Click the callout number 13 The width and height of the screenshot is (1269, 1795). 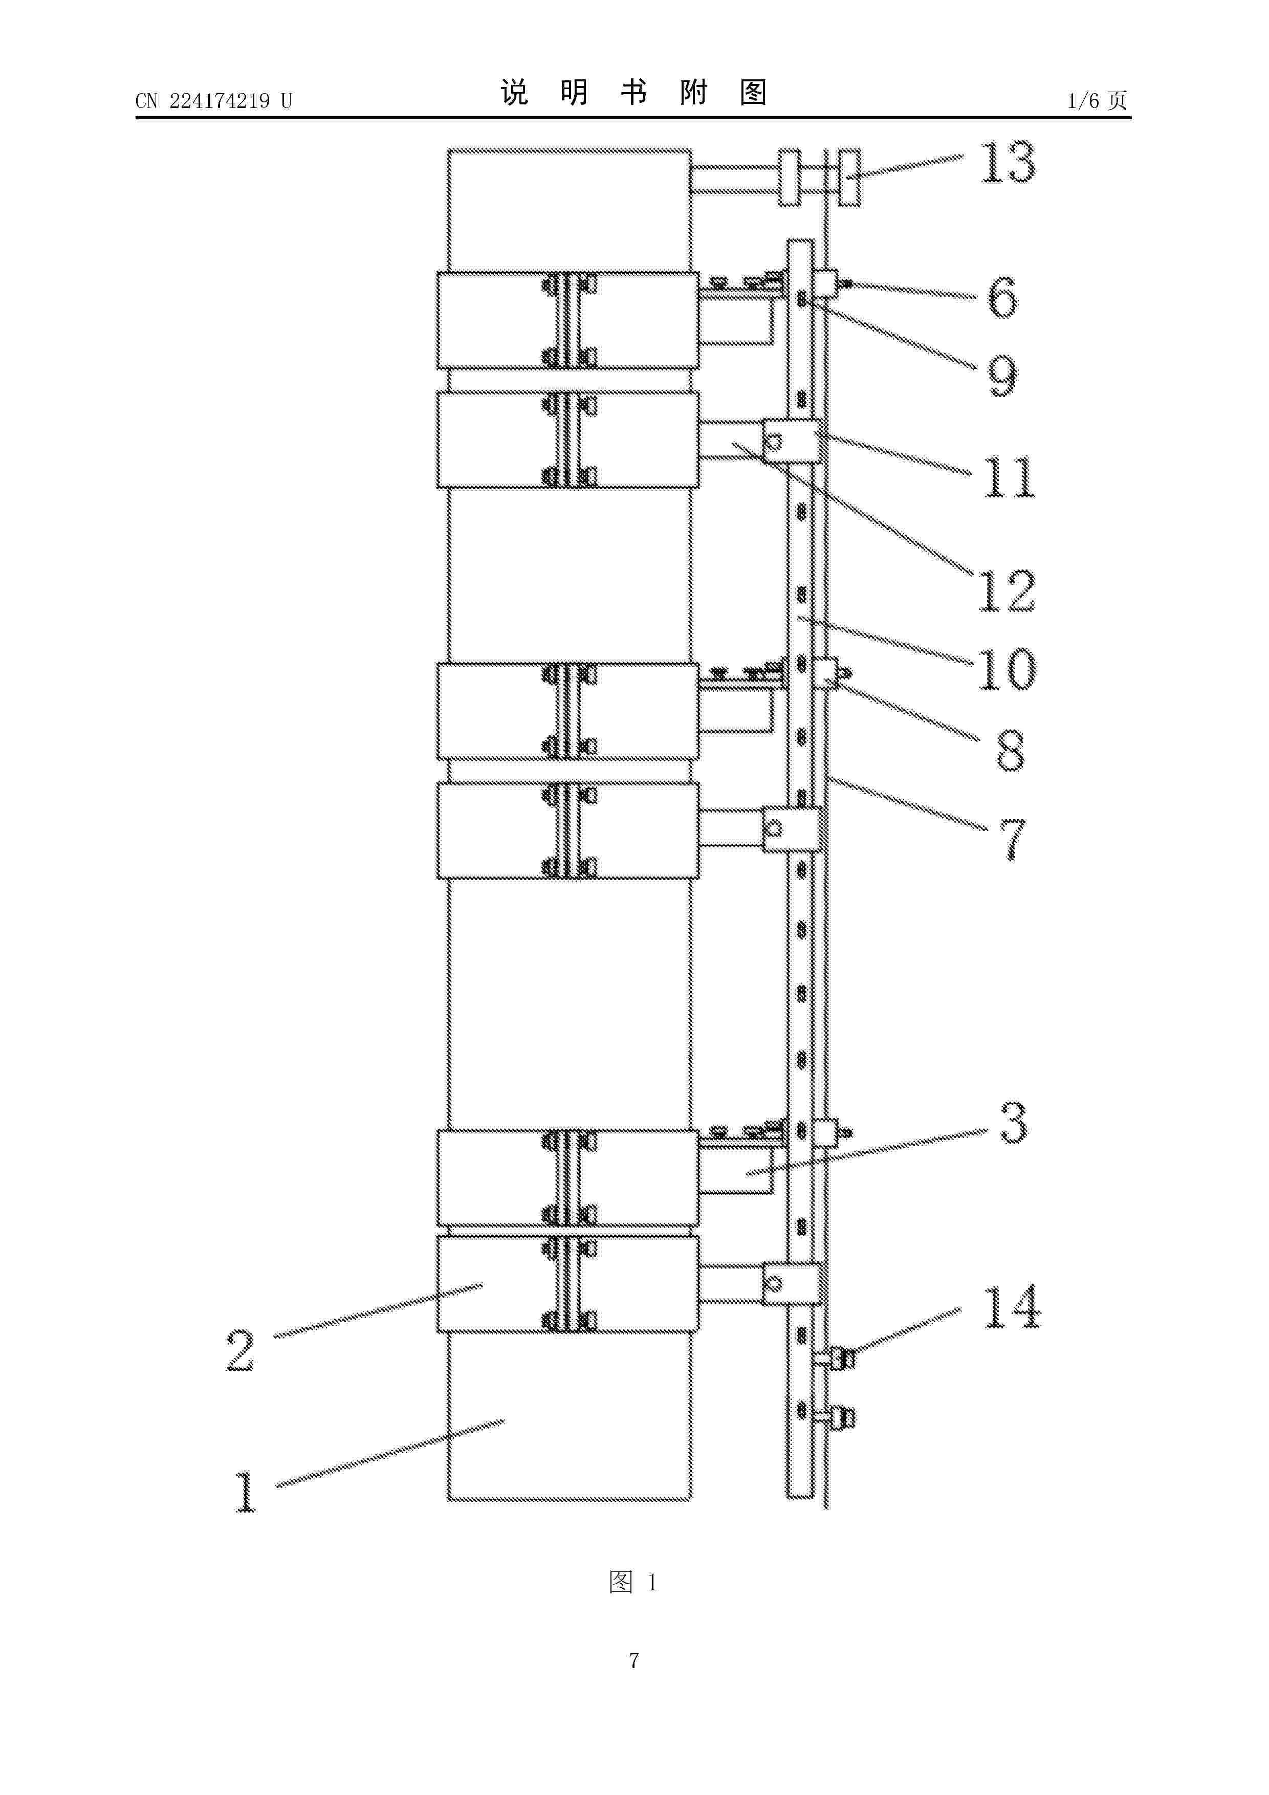point(1008,163)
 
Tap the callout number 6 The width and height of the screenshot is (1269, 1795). point(1002,297)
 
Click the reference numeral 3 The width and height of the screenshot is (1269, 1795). point(1013,1124)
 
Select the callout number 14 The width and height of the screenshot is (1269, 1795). point(1012,1307)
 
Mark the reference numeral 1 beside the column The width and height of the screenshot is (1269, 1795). point(246,1492)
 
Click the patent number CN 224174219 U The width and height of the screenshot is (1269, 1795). point(213,101)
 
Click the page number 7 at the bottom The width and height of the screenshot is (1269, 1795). point(634,1660)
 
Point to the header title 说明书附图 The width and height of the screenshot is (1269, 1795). point(633,93)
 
